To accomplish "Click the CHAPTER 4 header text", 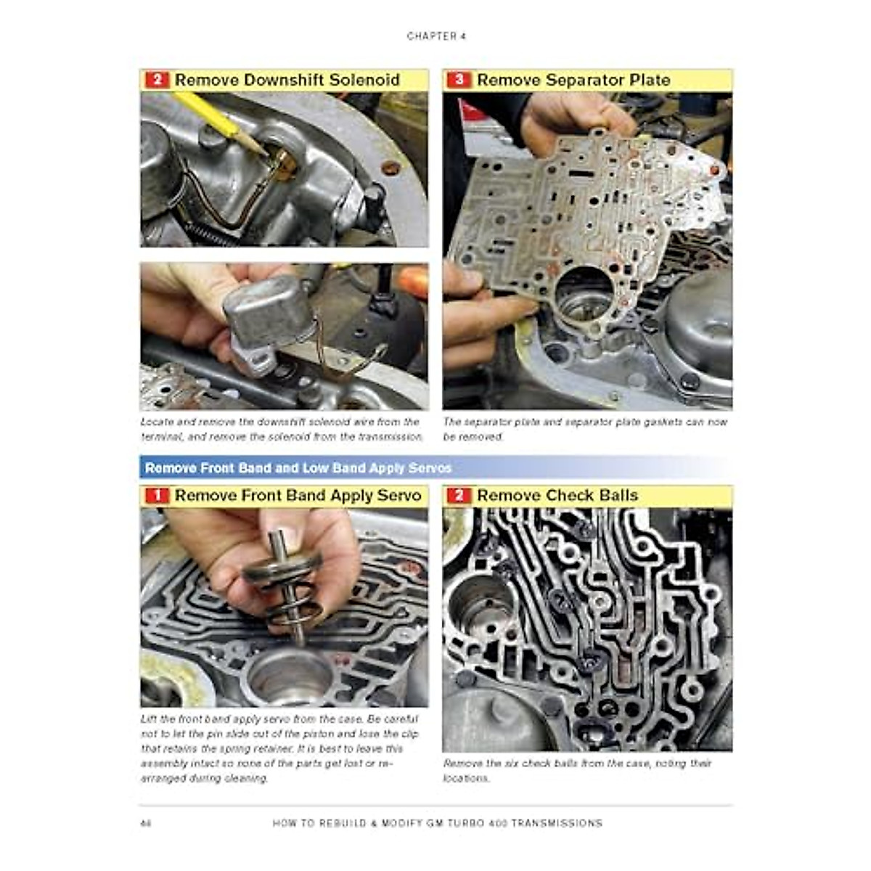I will [435, 36].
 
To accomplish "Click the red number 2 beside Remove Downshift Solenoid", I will [156, 80].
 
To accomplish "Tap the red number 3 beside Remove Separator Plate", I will [458, 80].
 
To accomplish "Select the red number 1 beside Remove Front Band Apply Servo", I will [156, 496].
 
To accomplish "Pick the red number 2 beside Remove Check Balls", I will [458, 496].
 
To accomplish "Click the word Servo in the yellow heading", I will [398, 496].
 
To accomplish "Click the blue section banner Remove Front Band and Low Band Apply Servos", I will [298, 468].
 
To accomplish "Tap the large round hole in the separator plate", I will [584, 294].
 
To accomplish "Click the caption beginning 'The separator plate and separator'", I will [585, 429].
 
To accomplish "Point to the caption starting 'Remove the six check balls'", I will [577, 770].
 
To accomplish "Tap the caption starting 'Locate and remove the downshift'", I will [282, 429].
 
